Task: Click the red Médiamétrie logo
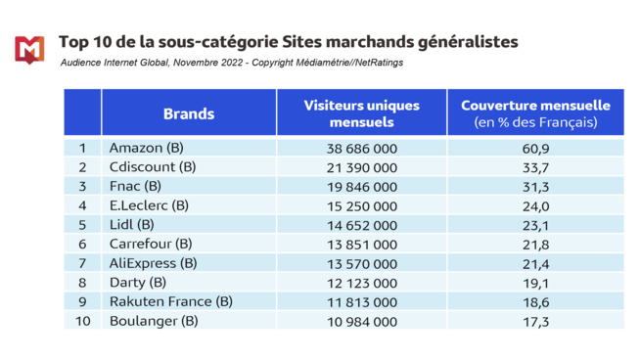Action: click(x=29, y=48)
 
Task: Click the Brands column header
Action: click(x=189, y=113)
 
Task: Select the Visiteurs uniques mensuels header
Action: click(x=361, y=113)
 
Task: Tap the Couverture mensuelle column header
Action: click(x=534, y=113)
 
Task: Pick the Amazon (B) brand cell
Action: click(x=147, y=149)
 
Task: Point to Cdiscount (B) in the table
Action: click(x=153, y=167)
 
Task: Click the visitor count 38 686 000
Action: click(x=361, y=149)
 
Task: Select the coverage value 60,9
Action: click(x=534, y=149)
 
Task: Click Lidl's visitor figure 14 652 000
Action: click(x=361, y=225)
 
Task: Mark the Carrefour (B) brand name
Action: click(x=151, y=244)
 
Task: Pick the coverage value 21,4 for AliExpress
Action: click(x=534, y=263)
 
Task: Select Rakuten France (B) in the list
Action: click(x=171, y=301)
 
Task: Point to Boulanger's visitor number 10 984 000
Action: click(x=361, y=321)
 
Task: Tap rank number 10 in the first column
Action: click(x=82, y=321)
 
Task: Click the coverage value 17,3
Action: click(x=534, y=321)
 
